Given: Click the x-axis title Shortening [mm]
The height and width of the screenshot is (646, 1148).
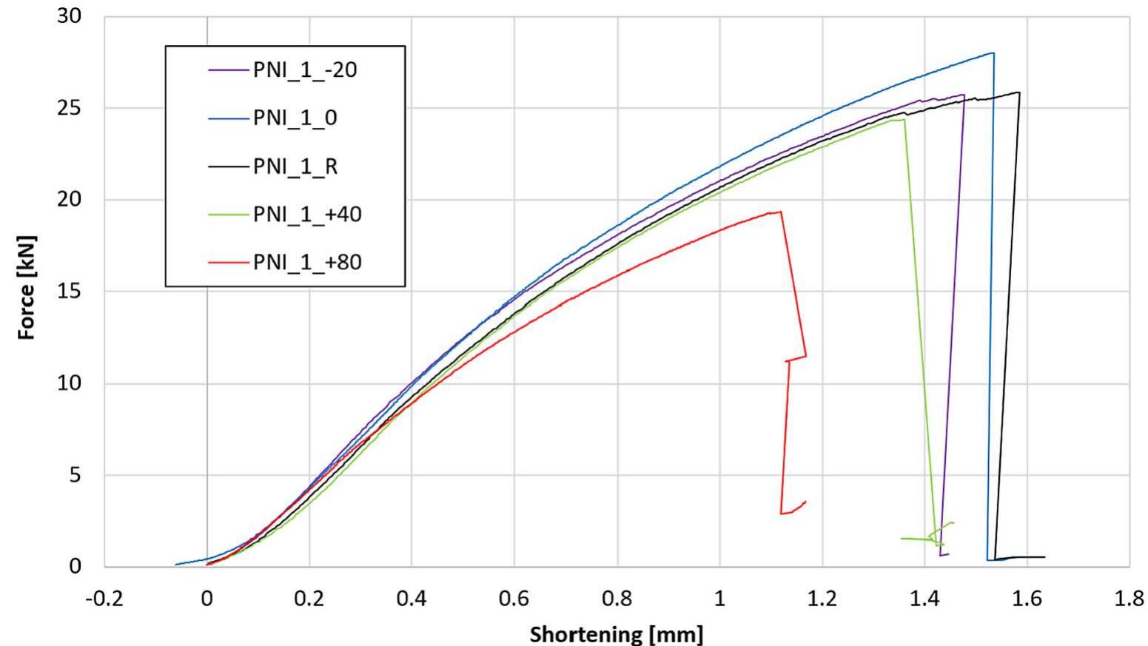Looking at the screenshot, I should pyautogui.click(x=616, y=633).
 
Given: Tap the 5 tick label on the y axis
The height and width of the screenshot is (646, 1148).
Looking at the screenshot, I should pyautogui.click(x=74, y=475).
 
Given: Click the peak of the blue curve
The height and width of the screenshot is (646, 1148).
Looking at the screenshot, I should pyautogui.click(x=992, y=53).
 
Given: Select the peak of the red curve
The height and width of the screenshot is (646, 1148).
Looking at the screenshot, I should pyautogui.click(x=779, y=212).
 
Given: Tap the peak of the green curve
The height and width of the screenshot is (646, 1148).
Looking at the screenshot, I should pyautogui.click(x=903, y=120).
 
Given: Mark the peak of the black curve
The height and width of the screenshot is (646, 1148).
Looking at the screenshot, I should pyautogui.click(x=1018, y=92).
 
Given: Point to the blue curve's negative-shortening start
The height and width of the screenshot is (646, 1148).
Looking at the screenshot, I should pyautogui.click(x=176, y=564).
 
